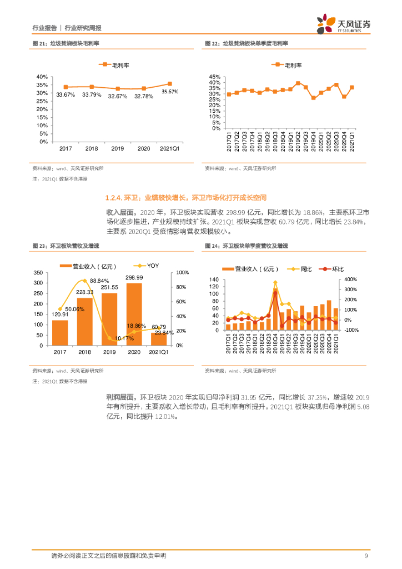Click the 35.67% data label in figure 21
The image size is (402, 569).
tap(170, 92)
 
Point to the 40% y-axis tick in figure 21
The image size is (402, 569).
tap(42, 77)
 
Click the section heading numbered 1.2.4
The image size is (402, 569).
tap(186, 197)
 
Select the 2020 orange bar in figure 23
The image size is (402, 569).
tap(134, 314)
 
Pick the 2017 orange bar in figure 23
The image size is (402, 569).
tap(60, 332)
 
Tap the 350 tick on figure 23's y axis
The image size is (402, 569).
tap(38, 273)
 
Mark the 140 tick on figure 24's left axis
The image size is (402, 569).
tap(213, 279)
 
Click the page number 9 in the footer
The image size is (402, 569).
tap(366, 556)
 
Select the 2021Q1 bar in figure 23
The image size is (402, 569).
tap(159, 338)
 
